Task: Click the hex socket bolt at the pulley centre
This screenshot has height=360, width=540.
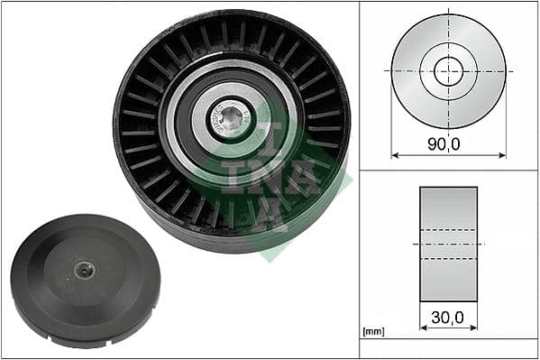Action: tap(231, 118)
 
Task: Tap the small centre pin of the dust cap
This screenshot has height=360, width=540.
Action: tap(84, 269)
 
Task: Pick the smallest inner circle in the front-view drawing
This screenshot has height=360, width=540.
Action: tap(448, 70)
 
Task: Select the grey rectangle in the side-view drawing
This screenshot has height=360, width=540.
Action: tap(448, 217)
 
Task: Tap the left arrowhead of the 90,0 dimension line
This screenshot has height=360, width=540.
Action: tap(395, 154)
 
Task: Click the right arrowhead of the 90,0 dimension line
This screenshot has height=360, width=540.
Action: tap(502, 154)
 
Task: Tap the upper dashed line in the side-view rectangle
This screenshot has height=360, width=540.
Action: tap(448, 230)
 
